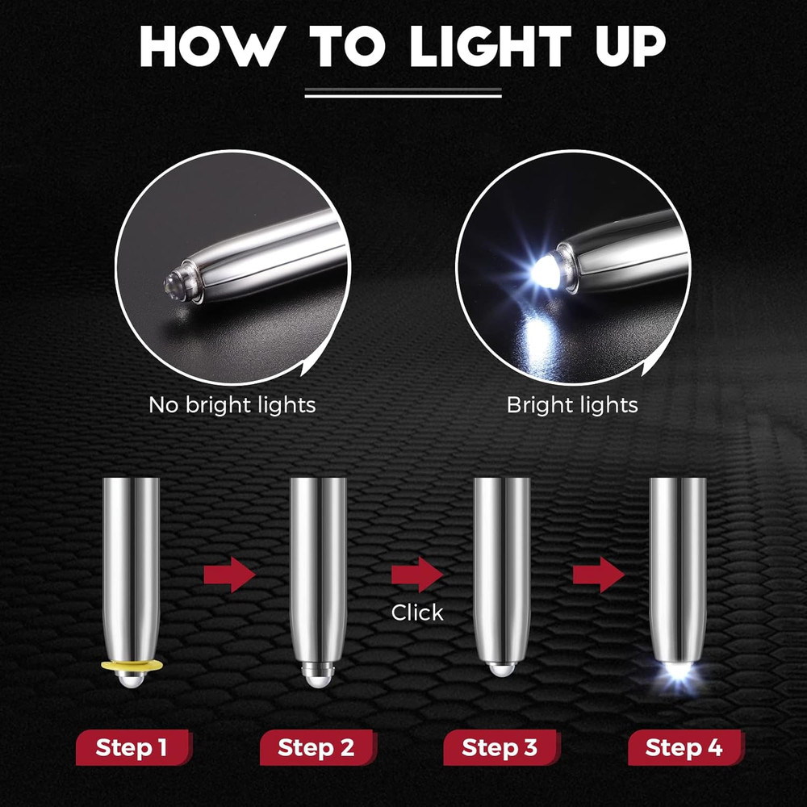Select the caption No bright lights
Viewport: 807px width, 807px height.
tap(232, 404)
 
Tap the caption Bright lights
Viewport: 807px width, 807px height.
tap(572, 404)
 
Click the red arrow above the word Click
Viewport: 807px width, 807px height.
tap(417, 575)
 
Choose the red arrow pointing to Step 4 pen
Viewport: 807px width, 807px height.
tap(599, 575)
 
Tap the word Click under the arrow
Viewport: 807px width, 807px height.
tap(417, 613)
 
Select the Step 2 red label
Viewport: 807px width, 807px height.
tap(316, 747)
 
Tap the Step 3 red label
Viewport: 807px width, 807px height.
tap(500, 747)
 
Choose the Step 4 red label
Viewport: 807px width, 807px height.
tap(684, 747)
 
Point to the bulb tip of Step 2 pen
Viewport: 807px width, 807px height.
tap(317, 678)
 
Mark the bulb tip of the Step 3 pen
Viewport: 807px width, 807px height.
tap(501, 670)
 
